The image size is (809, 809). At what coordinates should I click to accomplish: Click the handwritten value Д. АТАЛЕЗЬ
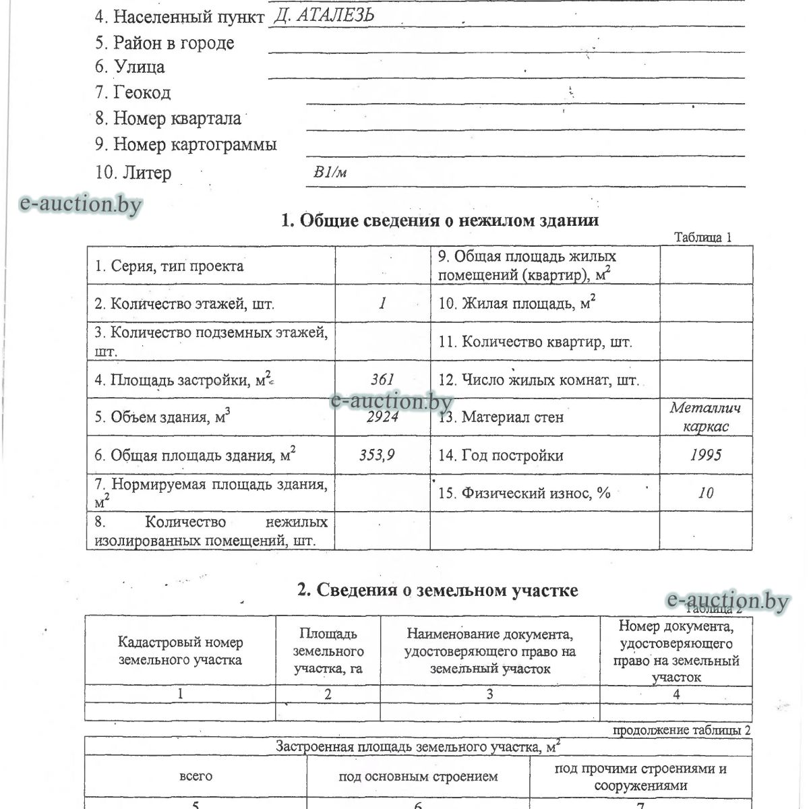point(324,16)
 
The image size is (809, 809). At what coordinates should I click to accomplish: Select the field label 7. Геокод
point(133,92)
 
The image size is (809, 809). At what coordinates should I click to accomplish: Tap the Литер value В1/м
point(330,173)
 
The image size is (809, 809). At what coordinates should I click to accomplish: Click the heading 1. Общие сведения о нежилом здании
point(440,220)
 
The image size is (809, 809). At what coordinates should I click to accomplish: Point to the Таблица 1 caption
point(702,237)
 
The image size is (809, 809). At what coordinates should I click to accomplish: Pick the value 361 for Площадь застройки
point(382,380)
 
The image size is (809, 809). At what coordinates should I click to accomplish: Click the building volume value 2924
point(382,417)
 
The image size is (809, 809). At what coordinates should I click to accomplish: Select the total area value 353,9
point(377,455)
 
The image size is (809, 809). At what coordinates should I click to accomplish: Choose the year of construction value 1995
point(705,455)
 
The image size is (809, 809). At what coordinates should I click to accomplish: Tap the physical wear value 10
point(705,493)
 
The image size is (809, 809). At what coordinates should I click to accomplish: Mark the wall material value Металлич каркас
point(705,417)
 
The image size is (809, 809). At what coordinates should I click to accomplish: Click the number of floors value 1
point(382,303)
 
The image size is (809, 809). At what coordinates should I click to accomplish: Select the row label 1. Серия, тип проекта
point(169,266)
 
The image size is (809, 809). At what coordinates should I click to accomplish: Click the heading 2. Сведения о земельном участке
point(438,591)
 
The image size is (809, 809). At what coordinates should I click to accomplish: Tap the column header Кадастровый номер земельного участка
point(180,651)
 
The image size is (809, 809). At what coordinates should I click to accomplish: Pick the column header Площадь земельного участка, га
point(328,651)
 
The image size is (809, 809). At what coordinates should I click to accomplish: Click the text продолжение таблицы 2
point(681,730)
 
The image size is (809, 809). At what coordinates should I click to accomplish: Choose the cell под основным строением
point(418,777)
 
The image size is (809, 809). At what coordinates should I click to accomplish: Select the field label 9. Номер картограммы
point(186,144)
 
